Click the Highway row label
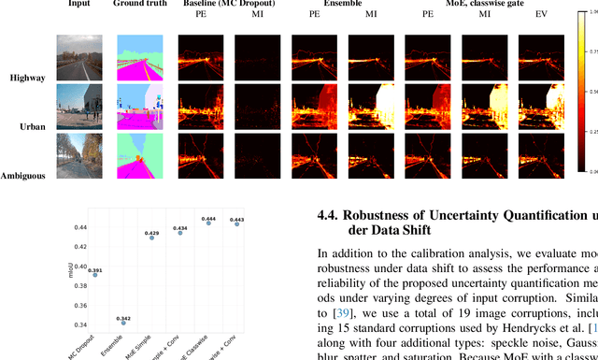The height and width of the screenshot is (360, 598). click(x=27, y=78)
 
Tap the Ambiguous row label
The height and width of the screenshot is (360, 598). click(x=23, y=176)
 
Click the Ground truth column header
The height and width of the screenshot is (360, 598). click(x=141, y=4)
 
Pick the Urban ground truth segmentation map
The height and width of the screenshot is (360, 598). click(x=141, y=107)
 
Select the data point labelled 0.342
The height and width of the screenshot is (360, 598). click(x=123, y=323)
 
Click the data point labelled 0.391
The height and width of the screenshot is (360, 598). click(x=94, y=275)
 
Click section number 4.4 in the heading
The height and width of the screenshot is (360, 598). click(x=327, y=216)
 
